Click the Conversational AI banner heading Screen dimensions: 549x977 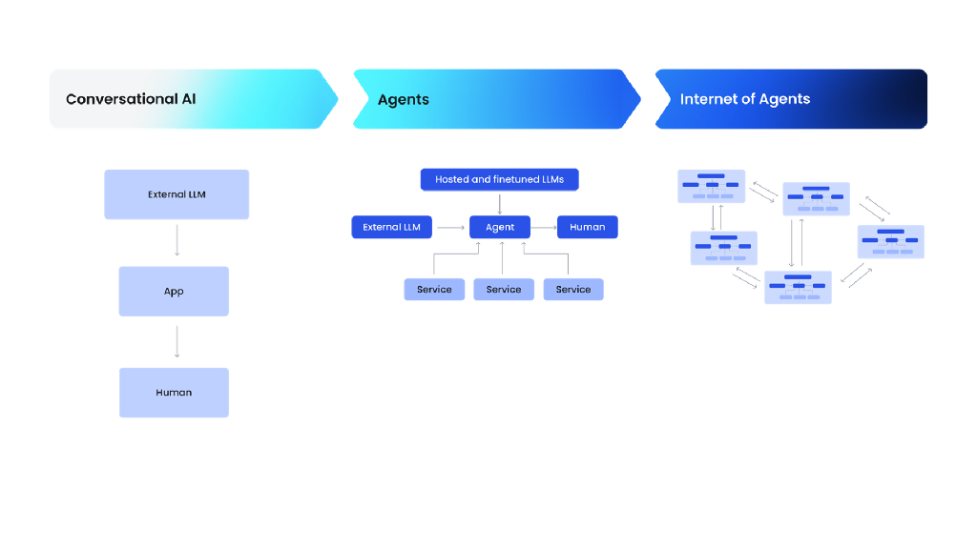point(131,99)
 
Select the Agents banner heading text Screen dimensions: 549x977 point(404,100)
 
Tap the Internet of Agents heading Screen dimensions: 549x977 point(744,99)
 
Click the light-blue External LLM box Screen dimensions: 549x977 point(177,194)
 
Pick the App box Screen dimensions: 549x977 point(174,292)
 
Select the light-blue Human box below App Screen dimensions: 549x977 point(174,393)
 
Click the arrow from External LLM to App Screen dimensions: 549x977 point(177,242)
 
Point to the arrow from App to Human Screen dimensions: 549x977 point(177,341)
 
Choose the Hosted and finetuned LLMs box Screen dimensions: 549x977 point(499,179)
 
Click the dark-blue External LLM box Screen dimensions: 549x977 point(392,227)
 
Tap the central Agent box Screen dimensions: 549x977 point(500,227)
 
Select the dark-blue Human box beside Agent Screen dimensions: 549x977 point(588,227)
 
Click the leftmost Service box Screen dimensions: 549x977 point(434,290)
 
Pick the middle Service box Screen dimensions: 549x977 point(504,290)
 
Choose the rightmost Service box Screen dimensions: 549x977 point(573,290)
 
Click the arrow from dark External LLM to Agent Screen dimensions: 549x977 point(450,227)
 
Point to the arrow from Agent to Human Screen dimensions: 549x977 point(544,227)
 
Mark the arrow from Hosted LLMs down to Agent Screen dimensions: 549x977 point(499,202)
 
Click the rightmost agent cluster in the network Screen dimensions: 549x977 point(891,242)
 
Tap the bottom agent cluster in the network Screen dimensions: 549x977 point(798,287)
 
